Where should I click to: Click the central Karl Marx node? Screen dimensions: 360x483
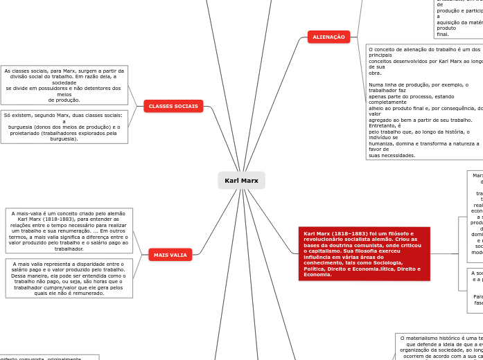pyautogui.click(x=241, y=181)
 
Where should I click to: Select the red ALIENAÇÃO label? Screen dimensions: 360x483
pyautogui.click(x=328, y=37)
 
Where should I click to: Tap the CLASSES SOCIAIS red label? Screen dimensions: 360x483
pyautogui.click(x=173, y=106)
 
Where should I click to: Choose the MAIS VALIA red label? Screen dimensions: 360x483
pyautogui.click(x=170, y=255)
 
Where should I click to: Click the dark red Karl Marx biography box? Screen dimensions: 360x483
pyautogui.click(x=364, y=254)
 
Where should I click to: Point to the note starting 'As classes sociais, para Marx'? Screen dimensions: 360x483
pyautogui.click(x=64, y=85)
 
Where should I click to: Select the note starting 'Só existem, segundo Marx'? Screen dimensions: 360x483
pyautogui.click(x=64, y=127)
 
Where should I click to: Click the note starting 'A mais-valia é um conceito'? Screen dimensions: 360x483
pyautogui.click(x=69, y=231)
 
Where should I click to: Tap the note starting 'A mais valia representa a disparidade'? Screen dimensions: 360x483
pyautogui.click(x=69, y=278)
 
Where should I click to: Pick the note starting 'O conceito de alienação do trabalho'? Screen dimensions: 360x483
pyautogui.click(x=424, y=102)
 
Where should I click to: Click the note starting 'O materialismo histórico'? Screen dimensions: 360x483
pyautogui.click(x=439, y=346)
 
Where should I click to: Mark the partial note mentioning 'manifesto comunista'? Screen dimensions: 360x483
pyautogui.click(x=49, y=357)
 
